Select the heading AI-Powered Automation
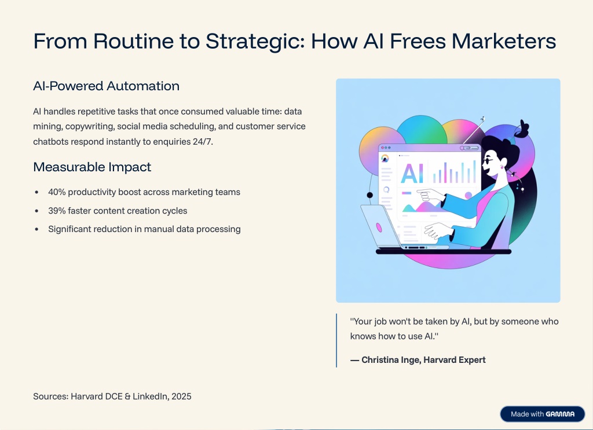tap(107, 86)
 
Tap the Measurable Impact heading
tap(92, 167)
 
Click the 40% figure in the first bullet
tap(57, 192)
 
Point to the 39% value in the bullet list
tap(57, 211)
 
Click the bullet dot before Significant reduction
tap(36, 229)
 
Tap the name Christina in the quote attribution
tap(380, 360)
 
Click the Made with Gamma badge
tap(543, 414)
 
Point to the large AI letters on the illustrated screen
tap(412, 174)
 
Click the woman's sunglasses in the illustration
tap(488, 161)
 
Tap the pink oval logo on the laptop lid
tap(379, 227)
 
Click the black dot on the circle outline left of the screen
tap(370, 195)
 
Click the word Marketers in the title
tap(504, 42)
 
